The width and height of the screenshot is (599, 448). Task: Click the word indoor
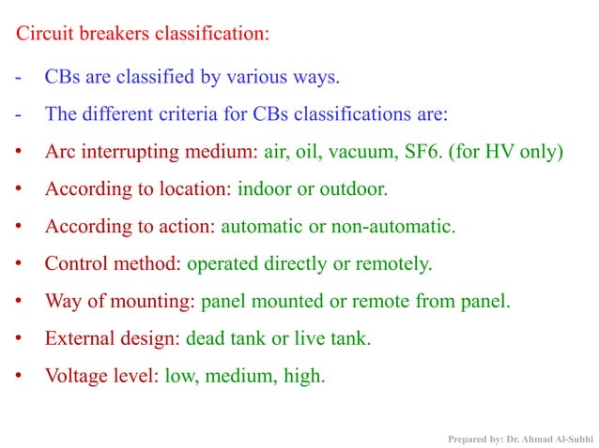point(265,188)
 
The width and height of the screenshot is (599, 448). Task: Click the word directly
point(299,263)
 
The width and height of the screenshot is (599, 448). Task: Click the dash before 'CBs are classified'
point(18,77)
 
